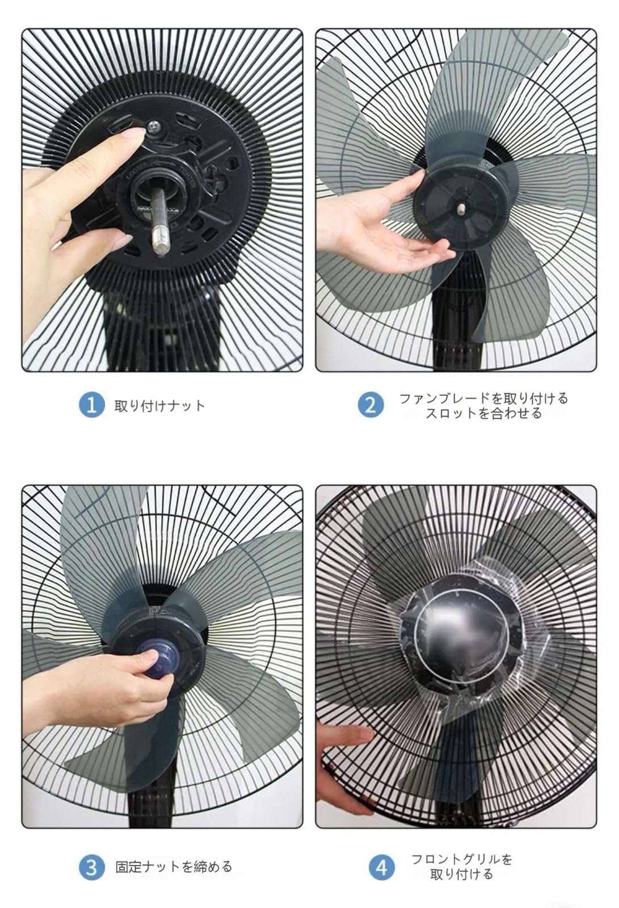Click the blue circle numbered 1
[91, 405]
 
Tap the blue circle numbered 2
[370, 405]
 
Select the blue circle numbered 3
[91, 867]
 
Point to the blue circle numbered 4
[381, 867]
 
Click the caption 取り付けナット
[159, 406]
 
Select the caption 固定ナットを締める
[174, 867]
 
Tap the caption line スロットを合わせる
[483, 413]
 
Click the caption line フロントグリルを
[462, 859]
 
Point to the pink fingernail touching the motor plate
[134, 134]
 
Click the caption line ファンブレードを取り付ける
[483, 398]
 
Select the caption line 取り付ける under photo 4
[462, 875]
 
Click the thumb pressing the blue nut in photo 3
[149, 657]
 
